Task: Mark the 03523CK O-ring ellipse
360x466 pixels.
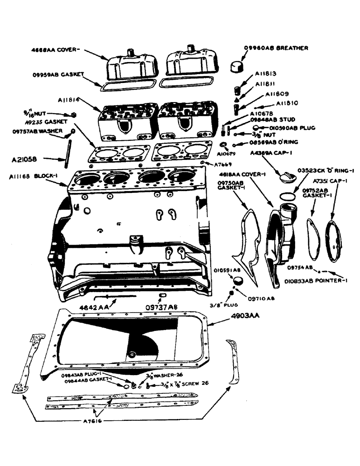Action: click(x=289, y=196)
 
